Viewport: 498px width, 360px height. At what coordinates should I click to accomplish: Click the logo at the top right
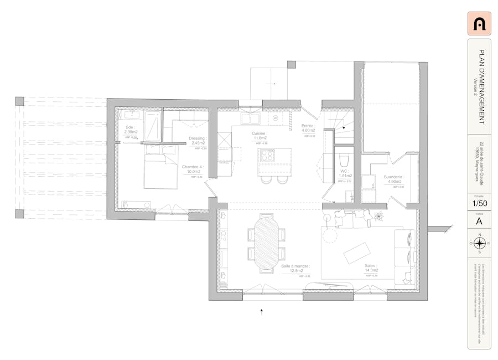(479, 23)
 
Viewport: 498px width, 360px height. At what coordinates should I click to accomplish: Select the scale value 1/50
(479, 204)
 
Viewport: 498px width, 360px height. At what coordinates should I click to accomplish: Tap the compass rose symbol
(479, 243)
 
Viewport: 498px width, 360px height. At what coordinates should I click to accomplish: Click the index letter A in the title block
(479, 221)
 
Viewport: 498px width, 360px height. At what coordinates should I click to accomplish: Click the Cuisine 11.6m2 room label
(260, 136)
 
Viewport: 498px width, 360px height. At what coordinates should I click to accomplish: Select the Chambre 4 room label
(193, 169)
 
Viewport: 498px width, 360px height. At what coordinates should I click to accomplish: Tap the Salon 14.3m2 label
(371, 268)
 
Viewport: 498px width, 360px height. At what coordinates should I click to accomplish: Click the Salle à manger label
(295, 268)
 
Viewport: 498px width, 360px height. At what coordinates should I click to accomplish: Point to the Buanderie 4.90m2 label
(394, 179)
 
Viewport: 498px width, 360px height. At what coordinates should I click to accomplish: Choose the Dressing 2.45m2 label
(198, 141)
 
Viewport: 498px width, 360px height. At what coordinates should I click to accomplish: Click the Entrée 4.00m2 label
(308, 128)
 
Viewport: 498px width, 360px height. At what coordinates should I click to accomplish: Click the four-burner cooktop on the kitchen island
(267, 155)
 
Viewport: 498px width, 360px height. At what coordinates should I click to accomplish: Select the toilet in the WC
(344, 161)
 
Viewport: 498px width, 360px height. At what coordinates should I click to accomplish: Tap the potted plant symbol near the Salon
(379, 216)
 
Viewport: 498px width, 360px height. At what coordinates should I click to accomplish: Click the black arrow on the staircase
(344, 127)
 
